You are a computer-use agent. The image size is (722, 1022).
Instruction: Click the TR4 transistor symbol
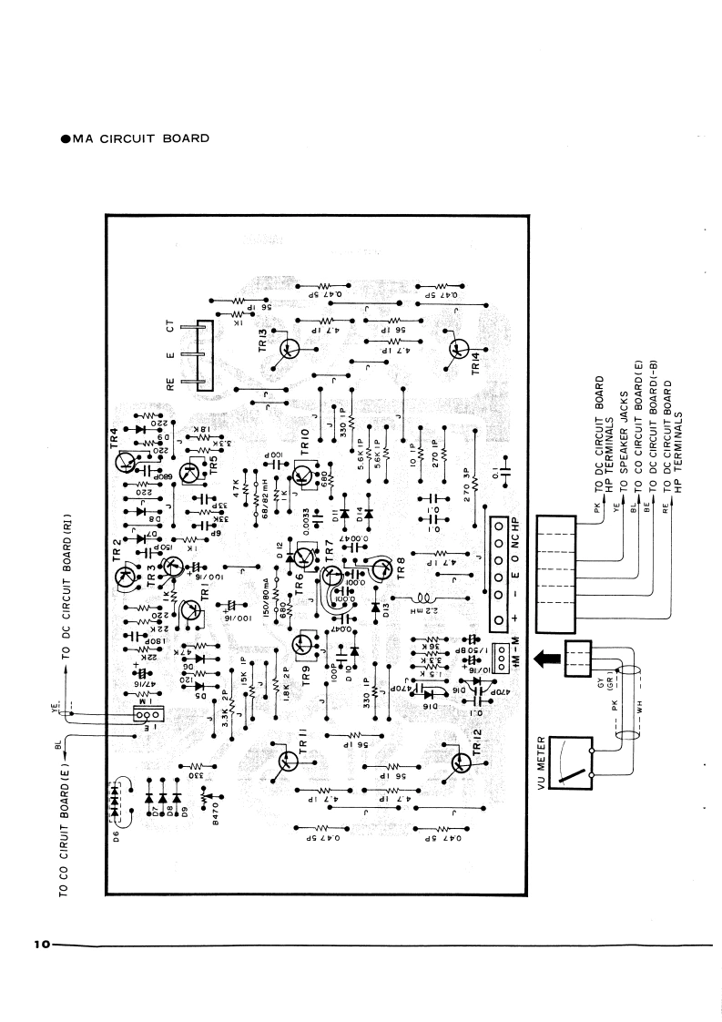pyautogui.click(x=126, y=462)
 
